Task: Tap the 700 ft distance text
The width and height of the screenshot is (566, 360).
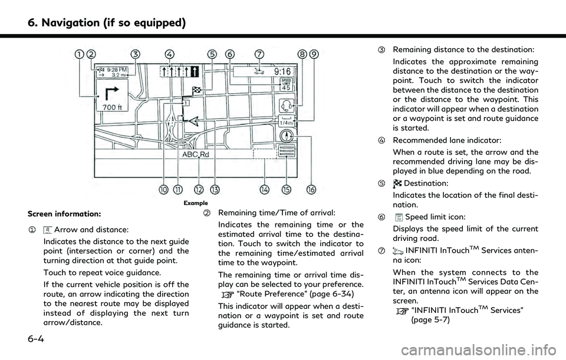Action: point(113,108)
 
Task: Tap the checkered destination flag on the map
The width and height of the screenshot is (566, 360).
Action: point(196,90)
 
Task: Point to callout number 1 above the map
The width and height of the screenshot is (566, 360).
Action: point(78,54)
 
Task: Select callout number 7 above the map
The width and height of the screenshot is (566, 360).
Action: point(259,54)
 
